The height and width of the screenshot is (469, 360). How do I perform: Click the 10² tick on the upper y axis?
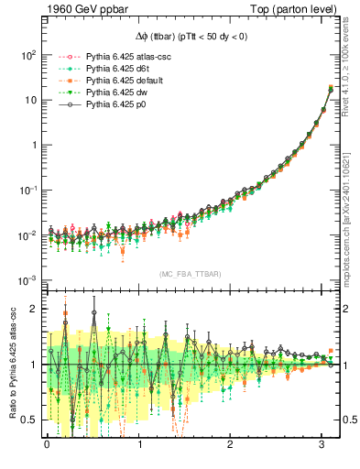(x=27, y=55)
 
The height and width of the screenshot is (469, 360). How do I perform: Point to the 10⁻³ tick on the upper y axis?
(x=27, y=280)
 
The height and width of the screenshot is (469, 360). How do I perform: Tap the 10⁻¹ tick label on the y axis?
(x=27, y=191)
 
